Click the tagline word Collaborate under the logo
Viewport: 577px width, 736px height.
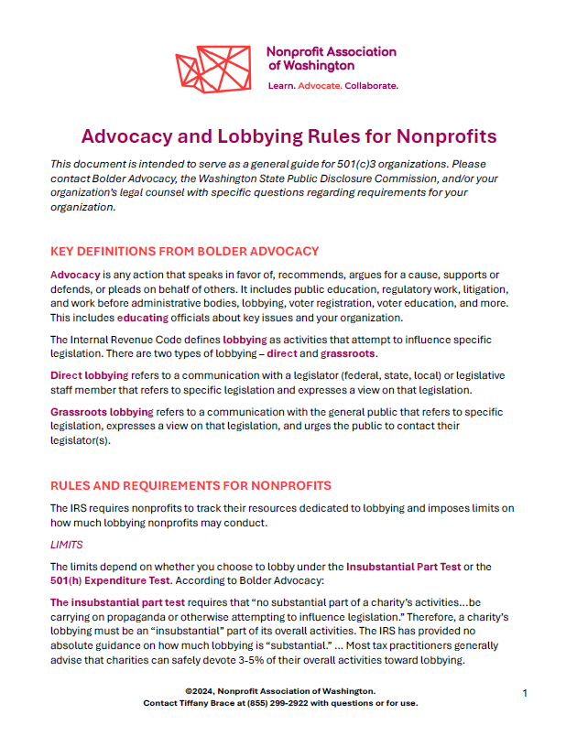click(x=370, y=85)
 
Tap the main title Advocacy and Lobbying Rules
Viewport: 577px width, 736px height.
click(x=288, y=137)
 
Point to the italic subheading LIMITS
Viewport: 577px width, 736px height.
click(x=66, y=544)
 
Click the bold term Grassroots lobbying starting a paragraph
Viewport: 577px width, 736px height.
click(x=102, y=412)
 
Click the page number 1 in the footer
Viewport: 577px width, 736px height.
click(x=525, y=693)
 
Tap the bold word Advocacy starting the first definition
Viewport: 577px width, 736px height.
click(x=75, y=275)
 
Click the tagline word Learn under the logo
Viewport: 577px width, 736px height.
click(x=281, y=85)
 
